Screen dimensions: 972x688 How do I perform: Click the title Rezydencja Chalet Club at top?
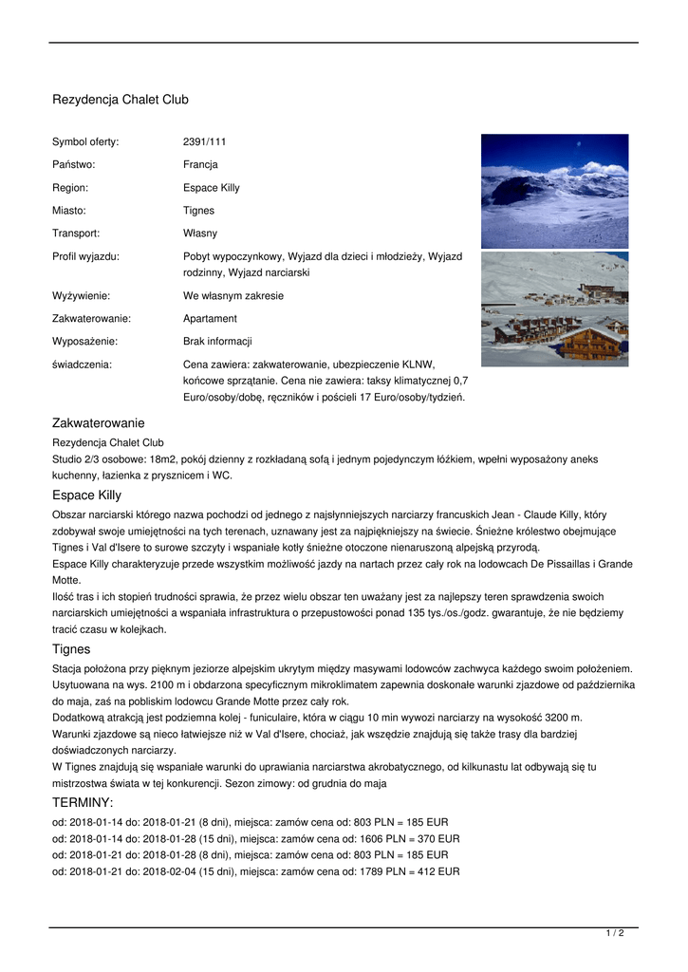[121, 100]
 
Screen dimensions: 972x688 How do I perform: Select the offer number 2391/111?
[204, 142]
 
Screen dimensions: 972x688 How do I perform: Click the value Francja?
[200, 165]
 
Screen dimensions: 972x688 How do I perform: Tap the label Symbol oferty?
[85, 142]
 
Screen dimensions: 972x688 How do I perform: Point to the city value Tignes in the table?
[198, 211]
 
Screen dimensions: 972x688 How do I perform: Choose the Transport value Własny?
[199, 234]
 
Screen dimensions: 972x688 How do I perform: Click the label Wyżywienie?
[81, 296]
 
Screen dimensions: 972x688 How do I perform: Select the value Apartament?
[210, 319]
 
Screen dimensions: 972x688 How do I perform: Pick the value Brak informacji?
[217, 342]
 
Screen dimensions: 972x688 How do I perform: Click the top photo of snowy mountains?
[554, 191]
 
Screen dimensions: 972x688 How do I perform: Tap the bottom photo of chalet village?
[554, 308]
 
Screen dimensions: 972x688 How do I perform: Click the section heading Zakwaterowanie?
[98, 422]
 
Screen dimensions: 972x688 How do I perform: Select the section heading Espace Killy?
[86, 495]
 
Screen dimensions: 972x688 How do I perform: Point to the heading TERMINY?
[83, 803]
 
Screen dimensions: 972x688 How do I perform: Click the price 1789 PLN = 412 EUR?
[400, 871]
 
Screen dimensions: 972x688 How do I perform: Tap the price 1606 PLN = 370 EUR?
[400, 839]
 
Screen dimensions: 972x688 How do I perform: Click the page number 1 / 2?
[615, 934]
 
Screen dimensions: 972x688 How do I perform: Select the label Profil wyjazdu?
[85, 256]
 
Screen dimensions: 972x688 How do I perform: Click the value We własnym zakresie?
[233, 296]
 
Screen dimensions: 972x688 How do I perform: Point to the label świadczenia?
[82, 364]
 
